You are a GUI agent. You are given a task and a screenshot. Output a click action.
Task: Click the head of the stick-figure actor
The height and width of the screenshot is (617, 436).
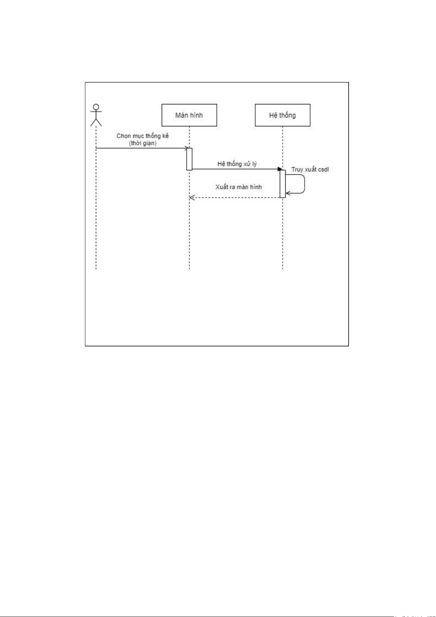coord(96,107)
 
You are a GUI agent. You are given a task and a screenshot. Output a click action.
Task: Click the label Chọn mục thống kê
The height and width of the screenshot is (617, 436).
coord(143,136)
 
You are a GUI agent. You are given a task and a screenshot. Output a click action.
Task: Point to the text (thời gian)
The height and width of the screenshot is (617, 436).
coord(143,143)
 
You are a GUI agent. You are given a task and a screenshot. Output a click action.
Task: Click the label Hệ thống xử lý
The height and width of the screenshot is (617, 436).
coord(237,164)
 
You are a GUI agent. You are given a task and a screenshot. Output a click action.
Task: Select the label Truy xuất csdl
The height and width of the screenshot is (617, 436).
coord(310,170)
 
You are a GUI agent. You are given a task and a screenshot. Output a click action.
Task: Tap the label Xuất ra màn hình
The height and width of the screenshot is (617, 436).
coord(238,187)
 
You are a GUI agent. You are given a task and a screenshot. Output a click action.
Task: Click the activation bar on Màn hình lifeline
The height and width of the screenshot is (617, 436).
coord(189,159)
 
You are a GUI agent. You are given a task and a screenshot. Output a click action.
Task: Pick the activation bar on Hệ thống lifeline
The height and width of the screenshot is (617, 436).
coord(283,184)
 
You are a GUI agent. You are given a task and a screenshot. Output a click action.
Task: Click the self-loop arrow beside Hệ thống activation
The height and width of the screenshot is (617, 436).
coord(305,184)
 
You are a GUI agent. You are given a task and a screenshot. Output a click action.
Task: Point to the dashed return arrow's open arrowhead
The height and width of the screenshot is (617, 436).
coord(192,197)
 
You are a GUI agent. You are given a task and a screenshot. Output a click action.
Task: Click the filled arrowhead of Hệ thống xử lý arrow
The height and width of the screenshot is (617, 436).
coord(280,169)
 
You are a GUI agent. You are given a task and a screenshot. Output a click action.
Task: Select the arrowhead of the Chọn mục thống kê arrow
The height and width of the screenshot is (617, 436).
coord(187,148)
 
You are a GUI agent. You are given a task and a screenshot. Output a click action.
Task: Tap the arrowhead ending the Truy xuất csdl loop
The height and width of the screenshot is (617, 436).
coord(288,193)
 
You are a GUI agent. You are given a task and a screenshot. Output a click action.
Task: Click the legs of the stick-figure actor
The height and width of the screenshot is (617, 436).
coord(96,123)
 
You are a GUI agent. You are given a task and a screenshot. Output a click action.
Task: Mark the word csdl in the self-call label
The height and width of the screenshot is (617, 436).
coord(323,170)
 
